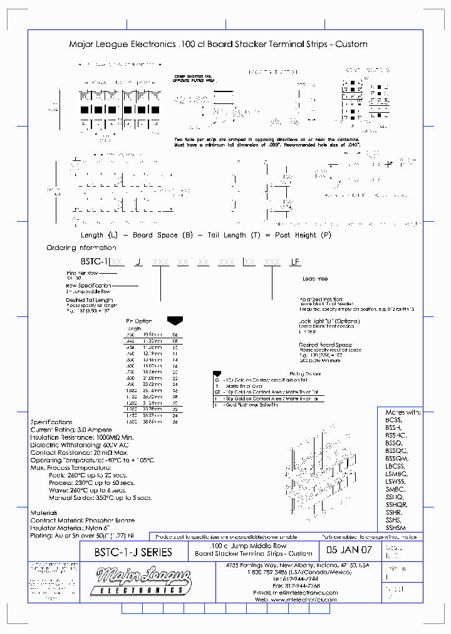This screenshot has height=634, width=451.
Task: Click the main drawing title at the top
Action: tap(217, 44)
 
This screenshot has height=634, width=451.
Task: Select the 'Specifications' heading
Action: tap(51, 422)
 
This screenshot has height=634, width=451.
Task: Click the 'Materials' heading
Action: tap(45, 513)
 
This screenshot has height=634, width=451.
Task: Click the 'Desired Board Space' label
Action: tap(325, 345)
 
